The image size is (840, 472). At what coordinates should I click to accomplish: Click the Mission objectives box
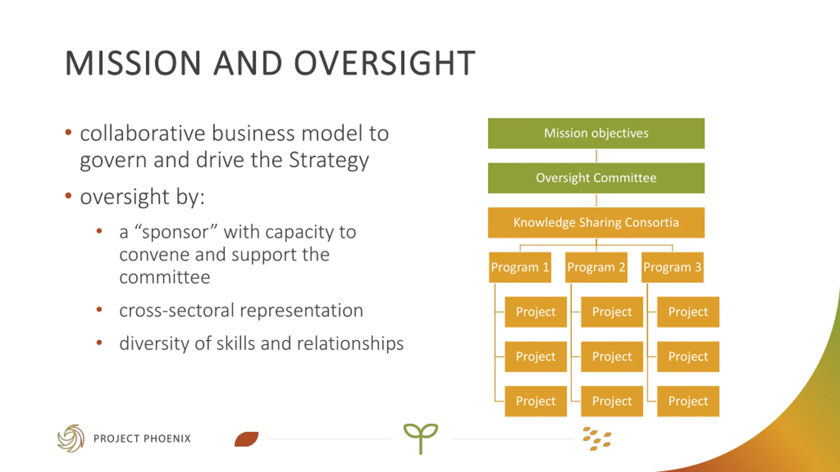tap(596, 133)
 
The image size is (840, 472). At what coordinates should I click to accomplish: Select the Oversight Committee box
tap(596, 178)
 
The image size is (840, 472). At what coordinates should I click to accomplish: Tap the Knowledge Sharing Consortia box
tap(596, 223)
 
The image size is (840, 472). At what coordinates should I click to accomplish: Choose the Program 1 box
tap(520, 267)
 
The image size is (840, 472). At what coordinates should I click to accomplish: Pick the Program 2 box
tap(596, 267)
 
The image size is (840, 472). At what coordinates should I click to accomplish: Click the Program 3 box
tap(672, 267)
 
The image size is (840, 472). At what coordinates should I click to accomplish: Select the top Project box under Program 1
tap(535, 312)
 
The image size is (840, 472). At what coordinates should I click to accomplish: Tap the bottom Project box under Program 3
tap(688, 401)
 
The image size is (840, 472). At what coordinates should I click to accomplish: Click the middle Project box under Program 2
tap(612, 357)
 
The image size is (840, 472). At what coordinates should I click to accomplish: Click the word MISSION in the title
tap(133, 63)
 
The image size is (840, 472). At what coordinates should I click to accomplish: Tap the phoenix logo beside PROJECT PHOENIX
tap(71, 438)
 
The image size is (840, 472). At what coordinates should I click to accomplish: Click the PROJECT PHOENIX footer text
tap(142, 439)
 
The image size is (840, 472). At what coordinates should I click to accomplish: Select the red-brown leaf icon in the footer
tap(246, 439)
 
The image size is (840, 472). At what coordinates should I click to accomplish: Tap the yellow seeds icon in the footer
tap(597, 439)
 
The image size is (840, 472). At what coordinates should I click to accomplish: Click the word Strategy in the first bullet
tap(329, 161)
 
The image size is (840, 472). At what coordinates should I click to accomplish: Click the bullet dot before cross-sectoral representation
tap(99, 310)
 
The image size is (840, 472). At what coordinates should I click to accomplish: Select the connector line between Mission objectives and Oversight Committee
tap(596, 156)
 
